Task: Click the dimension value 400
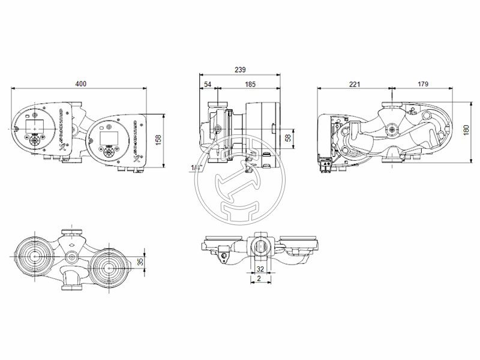tap(80, 84)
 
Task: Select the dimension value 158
tap(158, 139)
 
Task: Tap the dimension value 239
tap(240, 70)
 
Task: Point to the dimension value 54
tap(208, 85)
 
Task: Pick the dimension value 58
tap(288, 139)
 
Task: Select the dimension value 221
tap(354, 84)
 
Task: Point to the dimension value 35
tap(140, 262)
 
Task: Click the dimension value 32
tap(260, 269)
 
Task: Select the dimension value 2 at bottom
tap(259, 279)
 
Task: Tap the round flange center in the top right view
tap(392, 128)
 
